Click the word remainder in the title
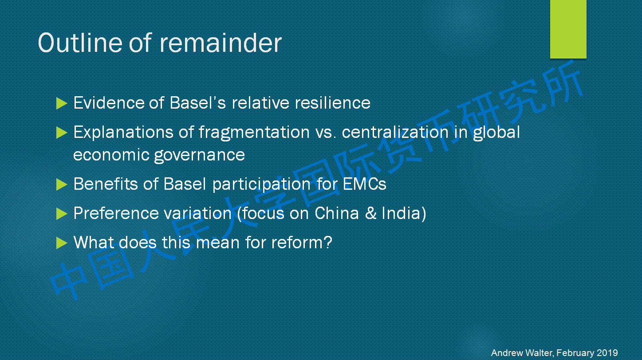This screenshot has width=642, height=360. click(221, 43)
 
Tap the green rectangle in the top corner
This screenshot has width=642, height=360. click(568, 29)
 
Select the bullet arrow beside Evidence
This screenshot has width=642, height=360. click(62, 103)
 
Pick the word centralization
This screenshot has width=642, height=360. click(395, 132)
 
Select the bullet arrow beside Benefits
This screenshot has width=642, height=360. click(62, 184)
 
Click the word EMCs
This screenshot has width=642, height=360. click(364, 184)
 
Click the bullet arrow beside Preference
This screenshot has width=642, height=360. click(62, 214)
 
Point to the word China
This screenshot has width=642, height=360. click(337, 213)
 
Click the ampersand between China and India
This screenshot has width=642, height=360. click(370, 213)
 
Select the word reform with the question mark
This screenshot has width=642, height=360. click(302, 243)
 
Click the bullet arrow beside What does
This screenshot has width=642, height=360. click(62, 243)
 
